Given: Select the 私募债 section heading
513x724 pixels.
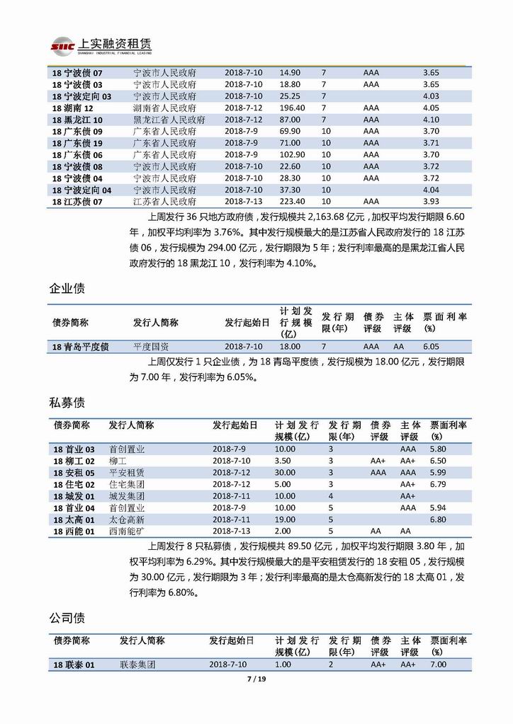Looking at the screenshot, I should (67, 403).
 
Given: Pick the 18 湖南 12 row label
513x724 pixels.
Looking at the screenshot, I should (73, 108).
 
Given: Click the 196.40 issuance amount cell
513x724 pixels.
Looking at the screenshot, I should (292, 108).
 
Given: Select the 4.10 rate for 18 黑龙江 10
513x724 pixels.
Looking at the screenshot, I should (431, 120).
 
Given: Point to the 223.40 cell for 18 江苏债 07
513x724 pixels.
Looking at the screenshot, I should (292, 202).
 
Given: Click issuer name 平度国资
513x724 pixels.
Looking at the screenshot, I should (151, 347).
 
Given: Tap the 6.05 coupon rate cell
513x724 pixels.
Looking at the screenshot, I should (431, 347).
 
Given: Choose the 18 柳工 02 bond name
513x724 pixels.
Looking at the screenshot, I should (74, 461).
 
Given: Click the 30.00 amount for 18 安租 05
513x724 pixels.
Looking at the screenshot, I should (286, 472).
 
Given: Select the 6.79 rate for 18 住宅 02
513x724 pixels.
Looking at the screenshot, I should (437, 484).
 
